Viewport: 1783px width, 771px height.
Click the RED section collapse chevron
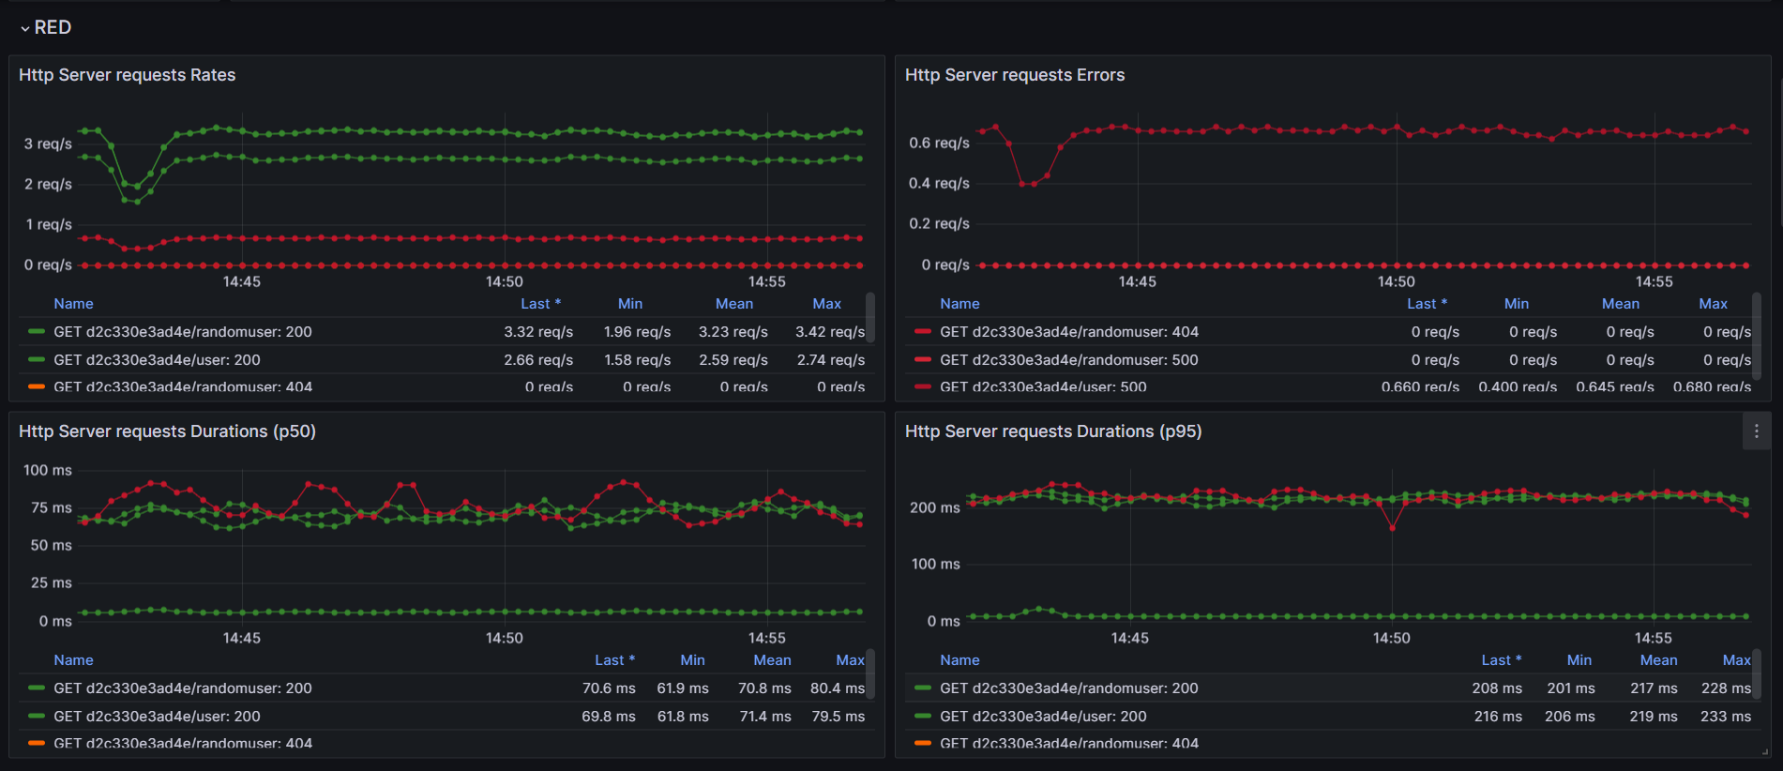[x=24, y=29]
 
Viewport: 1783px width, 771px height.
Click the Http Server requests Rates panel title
[x=127, y=75]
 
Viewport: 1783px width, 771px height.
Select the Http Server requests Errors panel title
[x=1014, y=75]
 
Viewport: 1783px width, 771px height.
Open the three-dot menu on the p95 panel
[x=1756, y=431]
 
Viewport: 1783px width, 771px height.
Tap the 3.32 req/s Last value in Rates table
[x=537, y=332]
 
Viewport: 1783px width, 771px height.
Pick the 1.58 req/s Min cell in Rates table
[x=637, y=360]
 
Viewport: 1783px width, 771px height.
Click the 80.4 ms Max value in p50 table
[x=837, y=688]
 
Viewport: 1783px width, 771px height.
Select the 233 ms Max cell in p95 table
[x=1725, y=717]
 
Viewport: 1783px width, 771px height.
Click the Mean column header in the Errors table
[x=1620, y=304]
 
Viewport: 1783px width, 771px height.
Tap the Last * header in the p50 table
[x=614, y=660]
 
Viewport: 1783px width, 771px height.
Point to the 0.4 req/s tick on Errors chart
[x=939, y=184]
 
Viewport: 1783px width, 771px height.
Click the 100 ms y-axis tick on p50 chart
[x=48, y=471]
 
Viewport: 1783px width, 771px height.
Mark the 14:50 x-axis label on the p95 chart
[x=1391, y=638]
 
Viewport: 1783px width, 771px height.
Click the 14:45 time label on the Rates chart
[x=242, y=281]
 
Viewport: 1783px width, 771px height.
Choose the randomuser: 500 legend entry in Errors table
[x=1068, y=360]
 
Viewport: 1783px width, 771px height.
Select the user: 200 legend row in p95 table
[x=1043, y=717]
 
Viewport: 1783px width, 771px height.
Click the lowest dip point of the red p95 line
[x=1392, y=528]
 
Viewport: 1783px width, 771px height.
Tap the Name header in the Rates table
[x=73, y=304]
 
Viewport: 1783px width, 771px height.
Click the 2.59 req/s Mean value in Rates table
[x=733, y=360]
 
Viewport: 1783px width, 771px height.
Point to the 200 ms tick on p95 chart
[x=934, y=508]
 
